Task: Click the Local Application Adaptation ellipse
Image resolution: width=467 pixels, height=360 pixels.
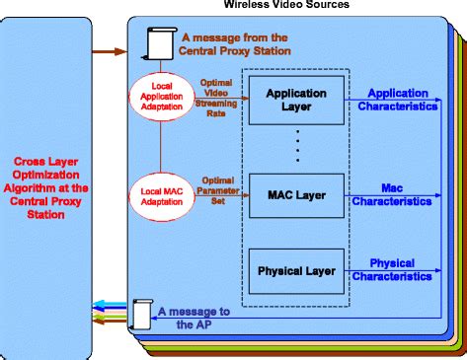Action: (159, 97)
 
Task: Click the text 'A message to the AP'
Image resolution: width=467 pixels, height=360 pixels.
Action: (194, 317)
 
